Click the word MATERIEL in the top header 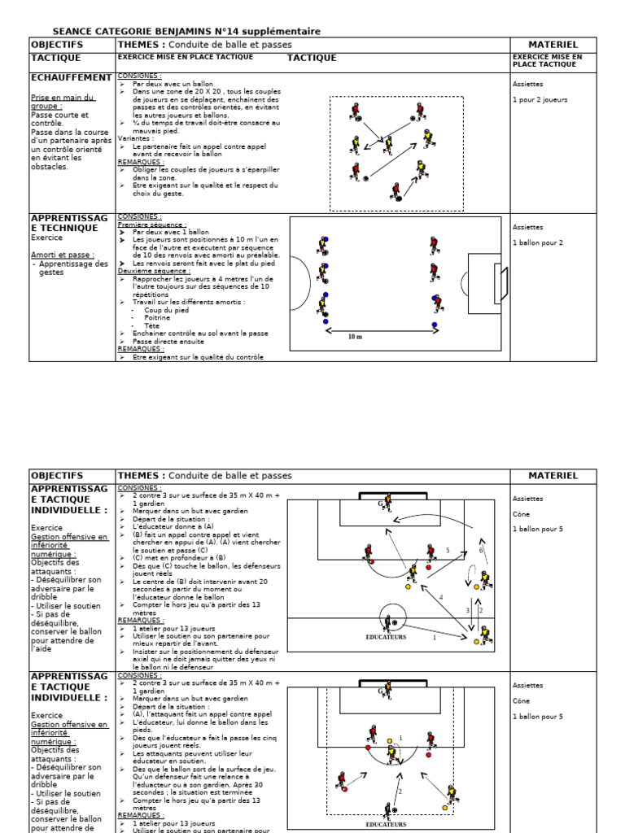[553, 44]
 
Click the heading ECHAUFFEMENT [70, 77]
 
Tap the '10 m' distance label [355, 335]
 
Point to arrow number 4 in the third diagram [441, 598]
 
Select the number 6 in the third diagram [480, 550]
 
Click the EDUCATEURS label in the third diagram [387, 637]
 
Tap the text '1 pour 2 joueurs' [540, 99]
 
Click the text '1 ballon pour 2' [538, 242]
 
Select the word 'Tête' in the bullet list [152, 325]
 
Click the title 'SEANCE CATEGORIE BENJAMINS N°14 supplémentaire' [186, 31]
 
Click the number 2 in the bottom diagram [400, 790]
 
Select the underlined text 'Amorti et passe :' [59, 255]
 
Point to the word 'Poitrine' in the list [157, 318]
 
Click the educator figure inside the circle [391, 621]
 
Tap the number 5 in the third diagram [447, 551]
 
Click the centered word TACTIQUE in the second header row [311, 58]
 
